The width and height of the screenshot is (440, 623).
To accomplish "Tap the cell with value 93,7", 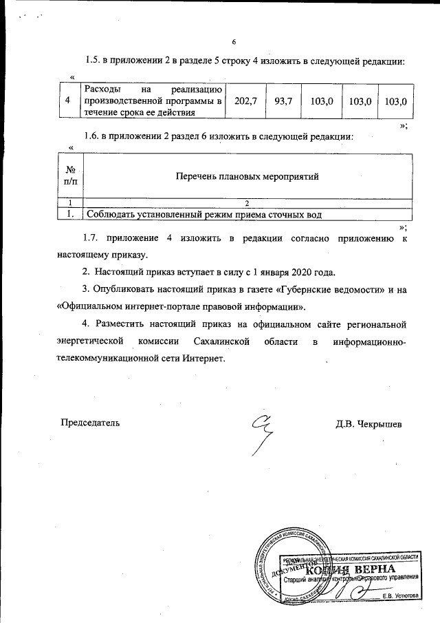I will [x=283, y=101].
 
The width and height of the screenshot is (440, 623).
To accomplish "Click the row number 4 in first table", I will [x=67, y=101].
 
